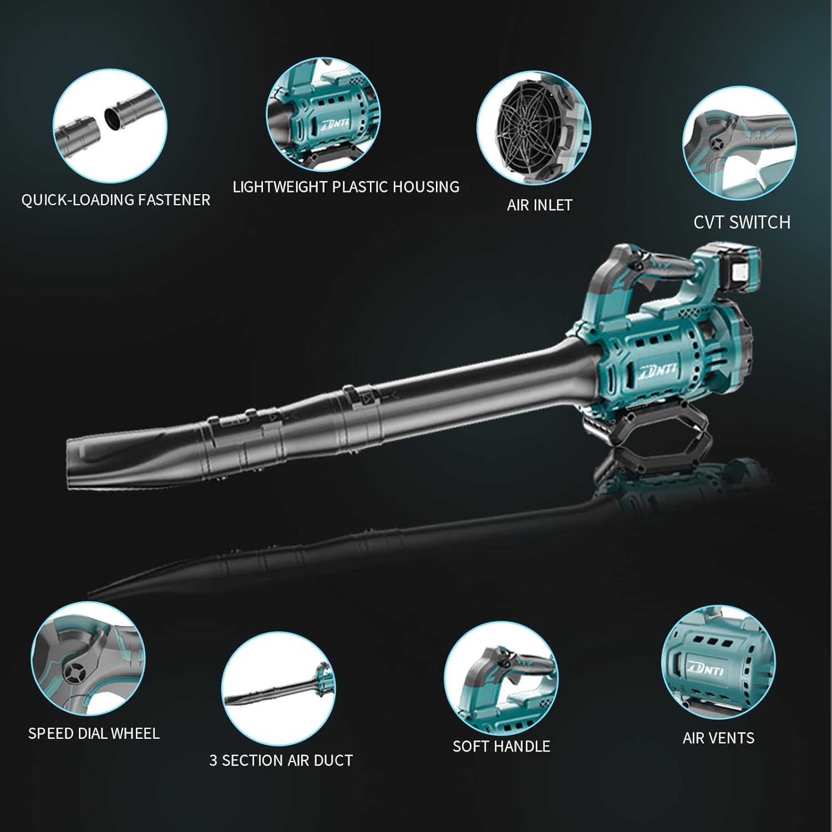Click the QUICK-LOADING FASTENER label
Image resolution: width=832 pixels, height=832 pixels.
tap(116, 200)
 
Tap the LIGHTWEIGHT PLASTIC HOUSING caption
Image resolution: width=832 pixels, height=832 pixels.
tap(346, 187)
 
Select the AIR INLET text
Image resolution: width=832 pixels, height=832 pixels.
tap(539, 205)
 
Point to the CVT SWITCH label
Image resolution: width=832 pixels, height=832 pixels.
tap(742, 222)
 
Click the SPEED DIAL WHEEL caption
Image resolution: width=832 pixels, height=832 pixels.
tap(94, 733)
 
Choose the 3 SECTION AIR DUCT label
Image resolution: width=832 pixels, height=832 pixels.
tap(281, 760)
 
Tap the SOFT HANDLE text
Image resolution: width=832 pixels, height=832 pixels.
tap(501, 746)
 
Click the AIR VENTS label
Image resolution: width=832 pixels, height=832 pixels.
tap(718, 738)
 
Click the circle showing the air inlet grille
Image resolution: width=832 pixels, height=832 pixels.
tap(534, 128)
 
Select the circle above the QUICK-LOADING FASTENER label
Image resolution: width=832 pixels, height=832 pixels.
tap(110, 125)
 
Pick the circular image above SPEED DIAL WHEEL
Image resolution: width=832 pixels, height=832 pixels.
tap(88, 659)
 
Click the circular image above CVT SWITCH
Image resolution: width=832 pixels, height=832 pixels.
tap(739, 143)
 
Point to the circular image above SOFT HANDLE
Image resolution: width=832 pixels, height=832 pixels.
tap(501, 678)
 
